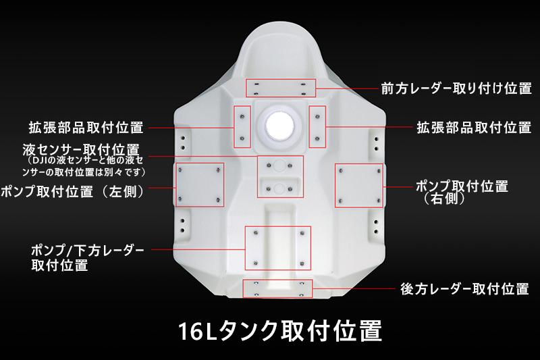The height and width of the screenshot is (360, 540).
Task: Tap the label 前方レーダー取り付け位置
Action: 456,88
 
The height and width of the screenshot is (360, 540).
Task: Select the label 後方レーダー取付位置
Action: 464,288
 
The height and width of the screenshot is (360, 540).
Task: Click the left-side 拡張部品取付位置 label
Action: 86,128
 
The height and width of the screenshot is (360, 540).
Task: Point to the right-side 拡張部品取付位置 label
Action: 474,128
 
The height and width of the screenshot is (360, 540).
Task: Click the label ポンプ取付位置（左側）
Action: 73,192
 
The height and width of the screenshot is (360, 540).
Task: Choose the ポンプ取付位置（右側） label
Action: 462,192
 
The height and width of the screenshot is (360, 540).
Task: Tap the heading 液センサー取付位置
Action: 81,150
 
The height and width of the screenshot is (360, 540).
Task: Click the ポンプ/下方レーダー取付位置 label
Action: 88,258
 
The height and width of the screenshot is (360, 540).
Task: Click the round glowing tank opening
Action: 279,125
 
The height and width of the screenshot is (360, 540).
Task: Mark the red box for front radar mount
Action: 281,88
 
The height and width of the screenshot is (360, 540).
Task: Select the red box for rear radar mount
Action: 277,288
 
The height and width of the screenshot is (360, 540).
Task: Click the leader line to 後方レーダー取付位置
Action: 354,288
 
